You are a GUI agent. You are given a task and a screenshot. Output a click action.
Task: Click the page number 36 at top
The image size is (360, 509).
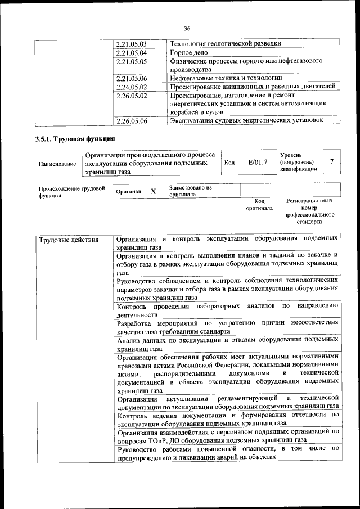click(187, 29)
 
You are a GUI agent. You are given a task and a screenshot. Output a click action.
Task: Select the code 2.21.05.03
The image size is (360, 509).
click(130, 43)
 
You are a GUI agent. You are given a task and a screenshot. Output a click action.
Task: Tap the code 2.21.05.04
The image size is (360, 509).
click(130, 52)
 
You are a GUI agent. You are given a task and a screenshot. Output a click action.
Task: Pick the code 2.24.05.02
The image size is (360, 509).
click(130, 87)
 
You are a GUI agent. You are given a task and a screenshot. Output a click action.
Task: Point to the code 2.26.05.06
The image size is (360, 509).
click(130, 120)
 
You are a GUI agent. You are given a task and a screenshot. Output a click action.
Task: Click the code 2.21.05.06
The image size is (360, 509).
click(130, 78)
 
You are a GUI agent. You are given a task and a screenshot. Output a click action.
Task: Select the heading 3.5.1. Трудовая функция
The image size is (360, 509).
click(75, 138)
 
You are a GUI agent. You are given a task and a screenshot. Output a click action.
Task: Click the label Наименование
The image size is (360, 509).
click(57, 164)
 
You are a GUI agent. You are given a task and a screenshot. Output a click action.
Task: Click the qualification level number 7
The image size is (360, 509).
click(332, 162)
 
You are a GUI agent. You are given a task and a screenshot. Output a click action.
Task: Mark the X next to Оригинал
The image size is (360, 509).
click(153, 191)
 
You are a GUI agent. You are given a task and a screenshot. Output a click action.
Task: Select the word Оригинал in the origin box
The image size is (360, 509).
click(128, 192)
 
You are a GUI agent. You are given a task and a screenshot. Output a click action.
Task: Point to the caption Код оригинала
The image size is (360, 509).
click(259, 204)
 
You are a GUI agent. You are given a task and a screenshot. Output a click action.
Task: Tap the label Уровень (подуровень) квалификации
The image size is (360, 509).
click(298, 162)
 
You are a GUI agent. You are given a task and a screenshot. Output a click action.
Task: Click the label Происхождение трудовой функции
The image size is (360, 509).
click(71, 192)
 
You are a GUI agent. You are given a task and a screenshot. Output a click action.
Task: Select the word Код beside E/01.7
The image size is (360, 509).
click(229, 163)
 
